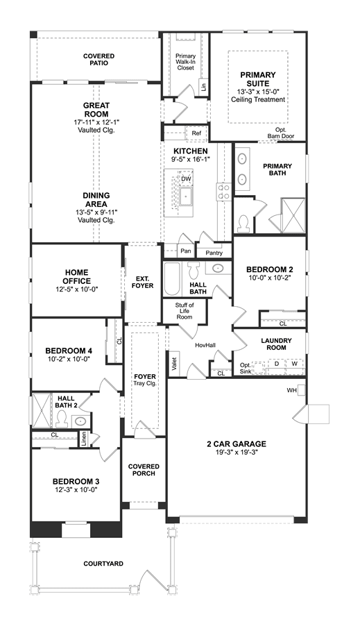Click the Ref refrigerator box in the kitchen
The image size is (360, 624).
pos(196,133)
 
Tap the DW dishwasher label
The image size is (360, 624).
pos(186,179)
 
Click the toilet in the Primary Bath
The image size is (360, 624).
pos(242,224)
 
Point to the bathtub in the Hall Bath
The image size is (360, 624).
pos(171,279)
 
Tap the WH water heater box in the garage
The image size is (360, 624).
pos(302,390)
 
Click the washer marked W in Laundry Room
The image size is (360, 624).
pos(294,364)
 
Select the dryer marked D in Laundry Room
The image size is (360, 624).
pos(277,364)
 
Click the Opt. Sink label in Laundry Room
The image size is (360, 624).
pos(246,368)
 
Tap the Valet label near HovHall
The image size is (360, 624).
pos(174,364)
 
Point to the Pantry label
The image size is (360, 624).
pos(214,253)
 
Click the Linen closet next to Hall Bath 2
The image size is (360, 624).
pos(84,439)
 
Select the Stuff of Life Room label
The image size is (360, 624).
pos(185,311)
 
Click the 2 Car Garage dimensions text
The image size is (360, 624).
pos(236,452)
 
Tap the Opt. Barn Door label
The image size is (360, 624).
pos(281,133)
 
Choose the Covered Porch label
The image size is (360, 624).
pos(144,470)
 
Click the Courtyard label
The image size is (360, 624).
pos(103,564)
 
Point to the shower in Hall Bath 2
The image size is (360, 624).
pos(42,411)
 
